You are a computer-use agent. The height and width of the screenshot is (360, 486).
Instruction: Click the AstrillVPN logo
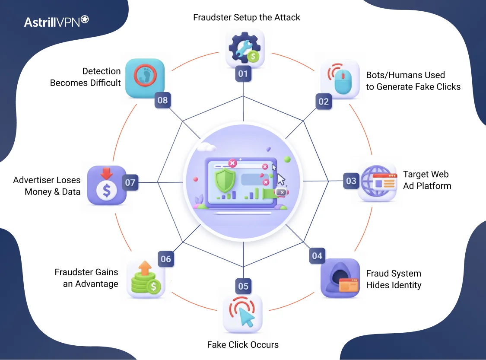coord(57,22)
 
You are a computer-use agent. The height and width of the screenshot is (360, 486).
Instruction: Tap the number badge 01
coord(243,73)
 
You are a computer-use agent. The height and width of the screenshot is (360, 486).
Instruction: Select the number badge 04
coord(317,256)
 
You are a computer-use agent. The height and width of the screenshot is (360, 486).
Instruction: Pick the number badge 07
coord(130,183)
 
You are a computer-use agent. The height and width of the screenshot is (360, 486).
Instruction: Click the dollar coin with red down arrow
coord(106,185)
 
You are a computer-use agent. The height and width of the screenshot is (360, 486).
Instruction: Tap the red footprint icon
coord(145,78)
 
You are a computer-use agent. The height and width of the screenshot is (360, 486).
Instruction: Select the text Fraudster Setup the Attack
coord(246,17)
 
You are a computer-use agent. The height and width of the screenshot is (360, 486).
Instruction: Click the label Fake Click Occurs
coord(243,344)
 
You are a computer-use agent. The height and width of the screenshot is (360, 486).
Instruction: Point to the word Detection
coord(102,71)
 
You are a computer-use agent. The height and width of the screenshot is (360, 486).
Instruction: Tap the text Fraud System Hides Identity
coord(393,279)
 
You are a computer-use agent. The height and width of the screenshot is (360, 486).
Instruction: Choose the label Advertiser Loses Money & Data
coord(47,186)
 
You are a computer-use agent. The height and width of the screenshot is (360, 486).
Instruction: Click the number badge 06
coord(166,259)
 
